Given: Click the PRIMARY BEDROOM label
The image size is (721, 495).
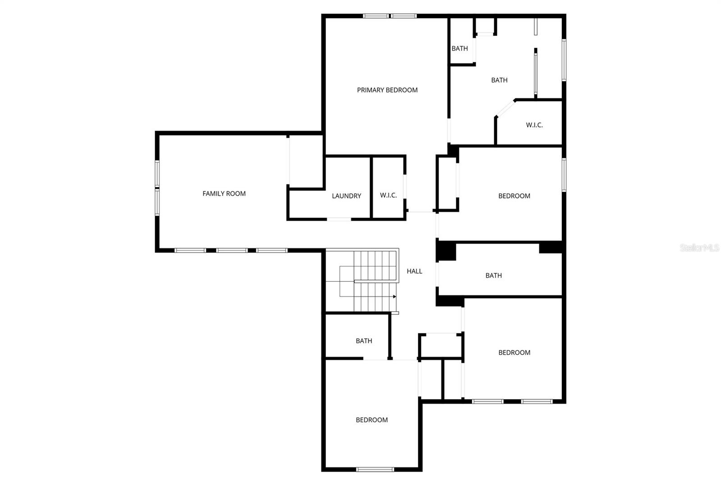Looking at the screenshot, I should [x=387, y=90].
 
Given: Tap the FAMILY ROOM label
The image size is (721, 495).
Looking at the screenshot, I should [x=224, y=194].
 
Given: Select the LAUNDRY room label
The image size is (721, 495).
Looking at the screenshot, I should [x=346, y=196].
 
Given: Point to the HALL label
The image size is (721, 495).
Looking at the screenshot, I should [x=414, y=271].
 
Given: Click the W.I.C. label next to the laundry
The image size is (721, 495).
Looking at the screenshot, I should [x=388, y=195].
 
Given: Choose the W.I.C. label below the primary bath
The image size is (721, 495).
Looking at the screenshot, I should [x=534, y=125].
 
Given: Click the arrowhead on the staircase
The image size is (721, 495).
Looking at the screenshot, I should [x=394, y=297].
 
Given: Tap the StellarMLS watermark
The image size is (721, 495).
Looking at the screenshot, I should [x=699, y=248].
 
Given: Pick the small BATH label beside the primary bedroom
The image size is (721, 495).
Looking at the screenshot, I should [x=460, y=49].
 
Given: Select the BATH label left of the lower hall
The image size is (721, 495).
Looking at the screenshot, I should [x=364, y=341].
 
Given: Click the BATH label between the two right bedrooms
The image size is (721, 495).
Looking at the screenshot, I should [x=493, y=276].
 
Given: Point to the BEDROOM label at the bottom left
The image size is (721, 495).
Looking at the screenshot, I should [x=371, y=420].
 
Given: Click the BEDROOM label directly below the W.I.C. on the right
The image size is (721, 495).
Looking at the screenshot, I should [x=514, y=196].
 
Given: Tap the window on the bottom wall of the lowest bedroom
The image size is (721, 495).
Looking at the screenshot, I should [x=375, y=469].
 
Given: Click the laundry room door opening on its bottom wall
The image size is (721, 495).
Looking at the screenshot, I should [x=339, y=219].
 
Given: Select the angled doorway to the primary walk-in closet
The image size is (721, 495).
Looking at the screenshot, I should [x=505, y=109].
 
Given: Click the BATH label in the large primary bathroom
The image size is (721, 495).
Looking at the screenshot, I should [x=499, y=80].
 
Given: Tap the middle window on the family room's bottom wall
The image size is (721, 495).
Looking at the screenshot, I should [x=232, y=250].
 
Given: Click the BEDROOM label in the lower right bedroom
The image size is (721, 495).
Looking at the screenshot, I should [x=514, y=353].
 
